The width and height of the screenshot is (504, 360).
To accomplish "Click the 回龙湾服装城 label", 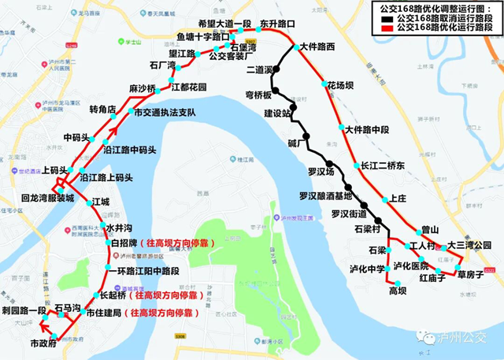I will point(47,199).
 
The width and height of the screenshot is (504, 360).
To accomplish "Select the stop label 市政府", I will point(44,344).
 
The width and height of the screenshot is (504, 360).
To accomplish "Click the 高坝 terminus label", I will point(398,291).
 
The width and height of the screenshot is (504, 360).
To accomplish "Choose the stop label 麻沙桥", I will point(142,88).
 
